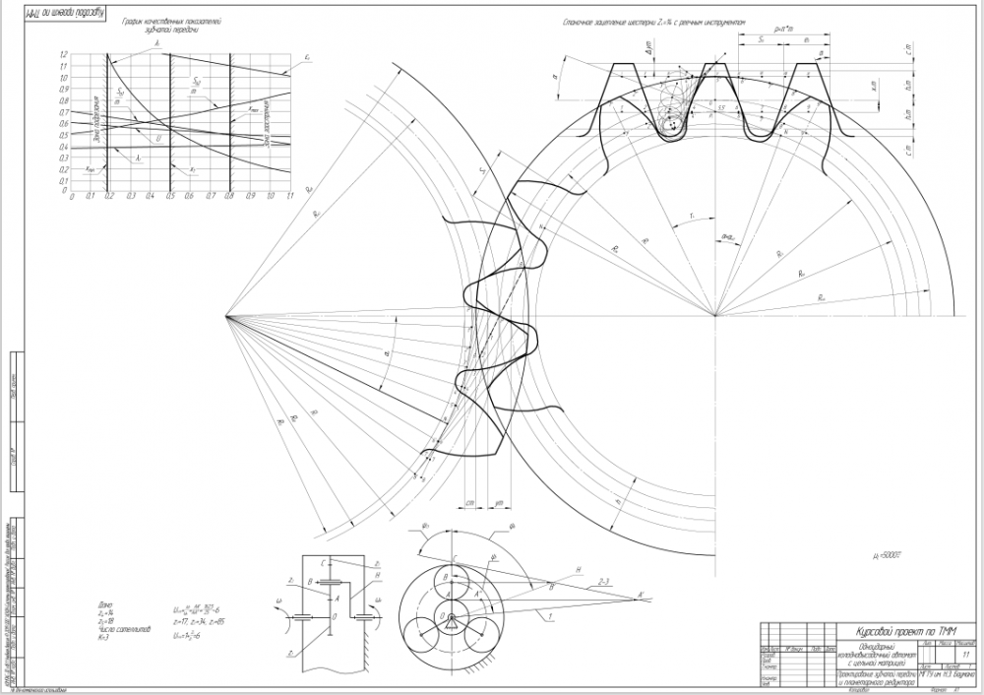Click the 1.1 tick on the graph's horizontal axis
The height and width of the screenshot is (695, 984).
click(290, 196)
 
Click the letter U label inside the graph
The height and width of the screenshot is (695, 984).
click(158, 139)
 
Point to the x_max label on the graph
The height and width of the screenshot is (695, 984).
click(254, 108)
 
